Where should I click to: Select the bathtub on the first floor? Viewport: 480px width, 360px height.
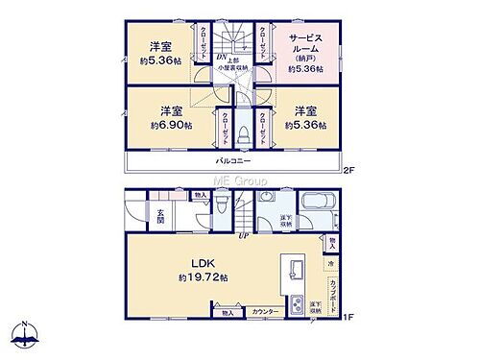[316, 204]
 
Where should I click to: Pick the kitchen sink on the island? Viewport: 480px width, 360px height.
[296, 268]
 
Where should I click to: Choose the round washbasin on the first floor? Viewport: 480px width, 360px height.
[268, 199]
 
